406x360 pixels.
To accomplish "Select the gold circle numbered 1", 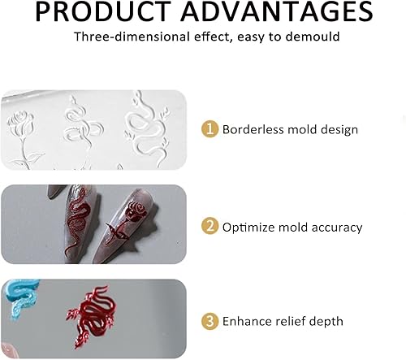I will pyautogui.click(x=209, y=128).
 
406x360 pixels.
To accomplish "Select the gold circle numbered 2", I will pyautogui.click(x=209, y=226).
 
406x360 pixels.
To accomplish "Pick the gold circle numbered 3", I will pyautogui.click(x=209, y=321).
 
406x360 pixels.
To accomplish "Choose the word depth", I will pyautogui.click(x=326, y=322).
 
